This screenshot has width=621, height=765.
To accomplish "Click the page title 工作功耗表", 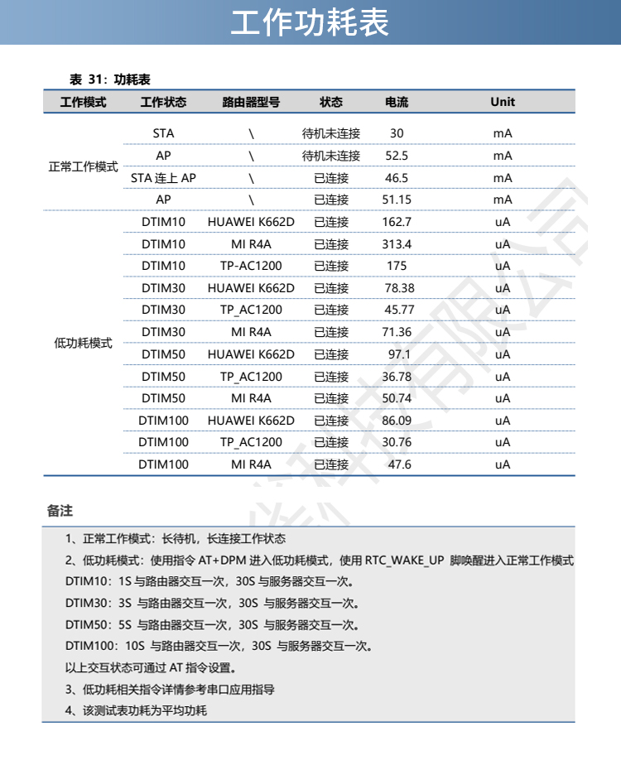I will click(x=310, y=23).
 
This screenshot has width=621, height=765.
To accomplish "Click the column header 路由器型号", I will click(x=251, y=103).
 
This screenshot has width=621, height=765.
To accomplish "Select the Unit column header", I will click(x=502, y=103).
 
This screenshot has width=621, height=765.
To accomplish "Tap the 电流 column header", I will click(x=397, y=103).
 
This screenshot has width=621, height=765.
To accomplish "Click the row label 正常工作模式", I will click(x=84, y=166).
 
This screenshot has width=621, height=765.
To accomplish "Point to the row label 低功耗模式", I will click(x=84, y=343).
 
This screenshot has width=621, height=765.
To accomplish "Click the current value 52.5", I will click(x=397, y=156).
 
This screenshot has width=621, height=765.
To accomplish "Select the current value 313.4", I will click(x=397, y=244).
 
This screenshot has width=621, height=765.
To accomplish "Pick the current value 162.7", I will click(x=397, y=222).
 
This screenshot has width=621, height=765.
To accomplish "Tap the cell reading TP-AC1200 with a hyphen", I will click(x=251, y=266).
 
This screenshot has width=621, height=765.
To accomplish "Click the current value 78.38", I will click(x=399, y=288).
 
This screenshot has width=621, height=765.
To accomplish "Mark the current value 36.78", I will click(x=397, y=377).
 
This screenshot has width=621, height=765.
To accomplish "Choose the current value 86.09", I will click(x=397, y=421).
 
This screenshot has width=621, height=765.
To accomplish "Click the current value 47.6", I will click(x=399, y=464).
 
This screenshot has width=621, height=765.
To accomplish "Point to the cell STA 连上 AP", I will click(x=163, y=178).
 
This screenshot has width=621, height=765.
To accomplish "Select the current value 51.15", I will click(x=397, y=200).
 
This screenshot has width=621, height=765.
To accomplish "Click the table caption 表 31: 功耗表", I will click(x=109, y=79).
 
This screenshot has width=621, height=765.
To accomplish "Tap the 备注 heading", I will click(x=60, y=512).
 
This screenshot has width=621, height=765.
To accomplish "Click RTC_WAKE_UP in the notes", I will click(x=405, y=560).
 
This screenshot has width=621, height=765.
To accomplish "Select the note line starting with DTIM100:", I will click(x=219, y=646).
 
